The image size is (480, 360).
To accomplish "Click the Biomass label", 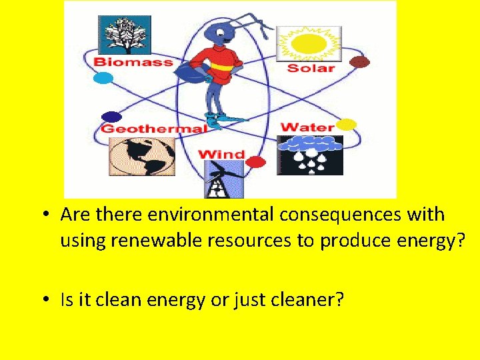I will click(133, 62).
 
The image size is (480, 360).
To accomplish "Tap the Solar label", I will click(311, 68).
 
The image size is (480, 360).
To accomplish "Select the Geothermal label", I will click(153, 129).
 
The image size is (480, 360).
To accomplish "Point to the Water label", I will click(307, 127).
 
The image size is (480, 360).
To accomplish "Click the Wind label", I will click(221, 155).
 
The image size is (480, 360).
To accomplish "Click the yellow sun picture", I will click(309, 44).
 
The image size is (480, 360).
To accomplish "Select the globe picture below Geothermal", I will click(142, 157).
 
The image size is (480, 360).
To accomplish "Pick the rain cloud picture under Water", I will click(309, 155).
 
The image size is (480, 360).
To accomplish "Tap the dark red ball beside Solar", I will click(360, 62).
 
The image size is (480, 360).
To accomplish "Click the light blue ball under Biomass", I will click(103, 78).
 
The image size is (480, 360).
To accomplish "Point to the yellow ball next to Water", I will click(347, 124).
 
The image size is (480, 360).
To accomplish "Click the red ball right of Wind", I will click(255, 161).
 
